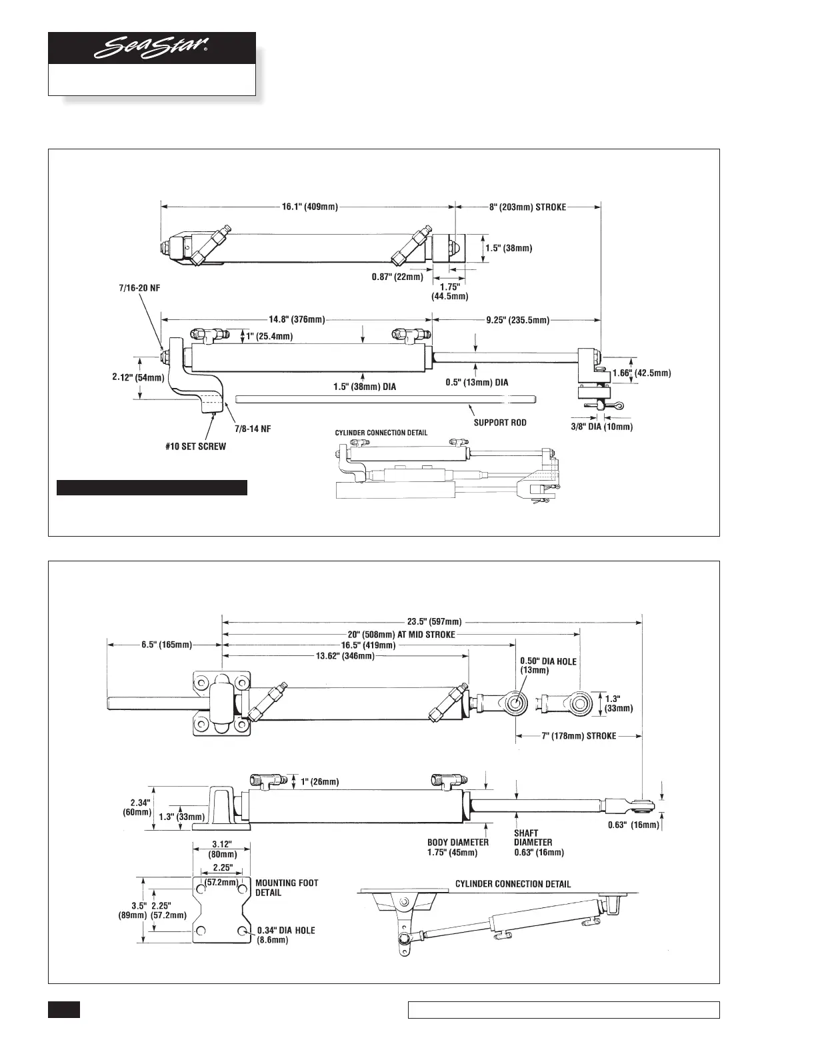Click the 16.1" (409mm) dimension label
tap(307, 207)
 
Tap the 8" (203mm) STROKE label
tap(527, 207)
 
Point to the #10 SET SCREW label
tap(195, 447)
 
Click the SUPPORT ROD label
tap(500, 423)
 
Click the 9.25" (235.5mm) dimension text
tap(518, 320)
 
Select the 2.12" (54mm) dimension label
tap(138, 378)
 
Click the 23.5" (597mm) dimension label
tap(434, 622)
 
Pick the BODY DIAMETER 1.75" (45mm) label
tap(458, 847)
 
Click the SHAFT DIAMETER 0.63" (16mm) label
tap(539, 843)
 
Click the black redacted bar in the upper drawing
tap(152, 488)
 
